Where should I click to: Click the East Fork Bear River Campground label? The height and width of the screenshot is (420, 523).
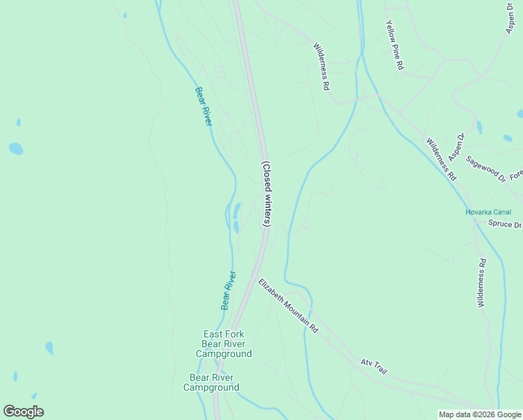[x=224, y=344]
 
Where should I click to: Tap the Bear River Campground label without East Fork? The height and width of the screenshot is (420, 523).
[x=210, y=382]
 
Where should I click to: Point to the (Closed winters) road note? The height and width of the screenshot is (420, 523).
[x=266, y=194]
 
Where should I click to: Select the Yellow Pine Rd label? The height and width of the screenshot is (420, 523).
[x=394, y=45]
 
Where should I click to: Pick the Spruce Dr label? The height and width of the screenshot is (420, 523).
[x=505, y=225]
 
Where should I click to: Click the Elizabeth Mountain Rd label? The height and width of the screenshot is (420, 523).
[x=288, y=306]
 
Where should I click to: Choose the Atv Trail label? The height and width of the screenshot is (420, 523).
[x=373, y=366]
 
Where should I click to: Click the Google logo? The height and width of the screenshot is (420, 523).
[x=23, y=412]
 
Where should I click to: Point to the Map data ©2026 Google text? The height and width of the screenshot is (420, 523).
[x=480, y=414]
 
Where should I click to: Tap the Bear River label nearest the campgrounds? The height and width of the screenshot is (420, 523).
[x=228, y=291]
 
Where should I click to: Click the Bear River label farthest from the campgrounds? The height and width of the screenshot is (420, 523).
[x=203, y=106]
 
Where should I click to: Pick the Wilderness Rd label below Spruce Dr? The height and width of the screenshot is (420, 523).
[x=481, y=283]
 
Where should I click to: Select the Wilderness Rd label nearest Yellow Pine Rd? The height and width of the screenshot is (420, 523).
[x=321, y=67]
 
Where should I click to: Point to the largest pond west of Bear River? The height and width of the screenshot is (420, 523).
[x=15, y=148]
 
